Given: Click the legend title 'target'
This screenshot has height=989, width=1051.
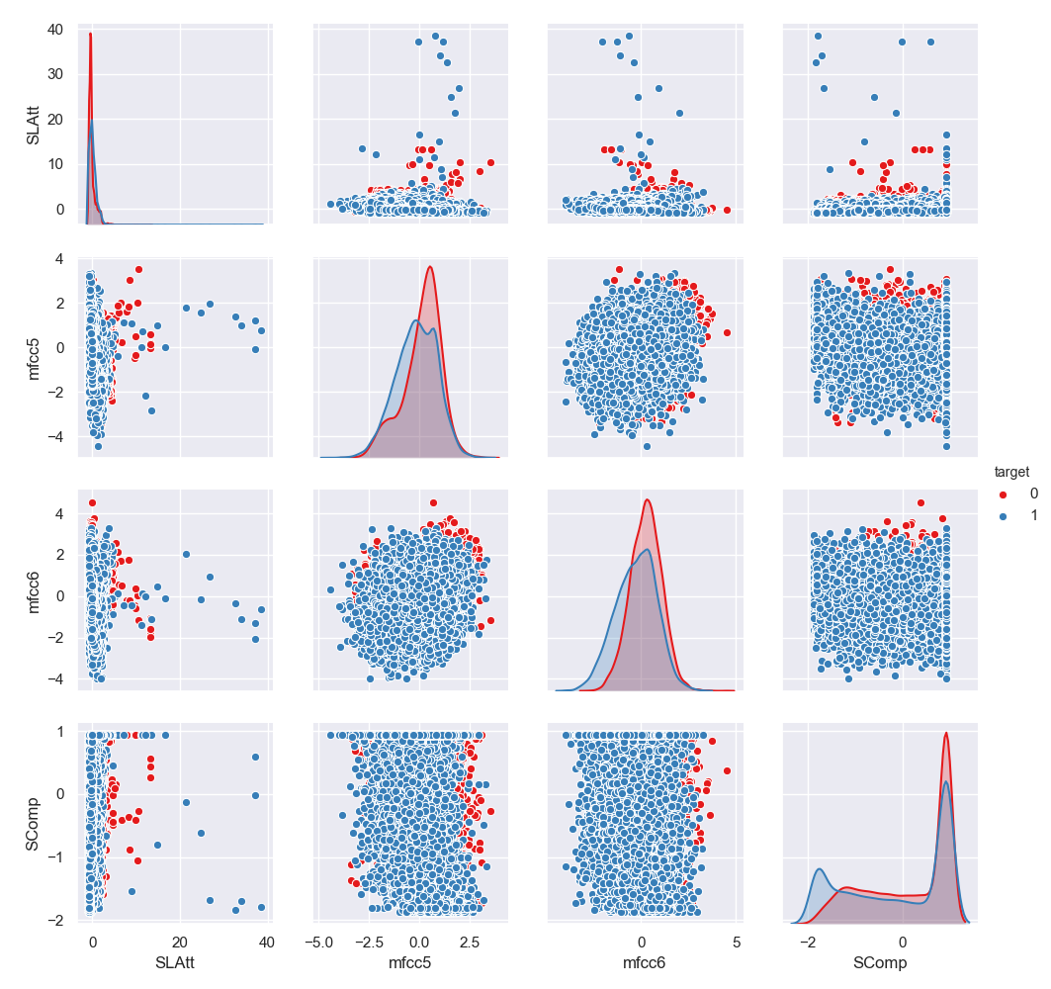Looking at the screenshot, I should point(1009,473).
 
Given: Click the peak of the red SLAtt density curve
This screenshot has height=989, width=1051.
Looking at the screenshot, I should point(90,34).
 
